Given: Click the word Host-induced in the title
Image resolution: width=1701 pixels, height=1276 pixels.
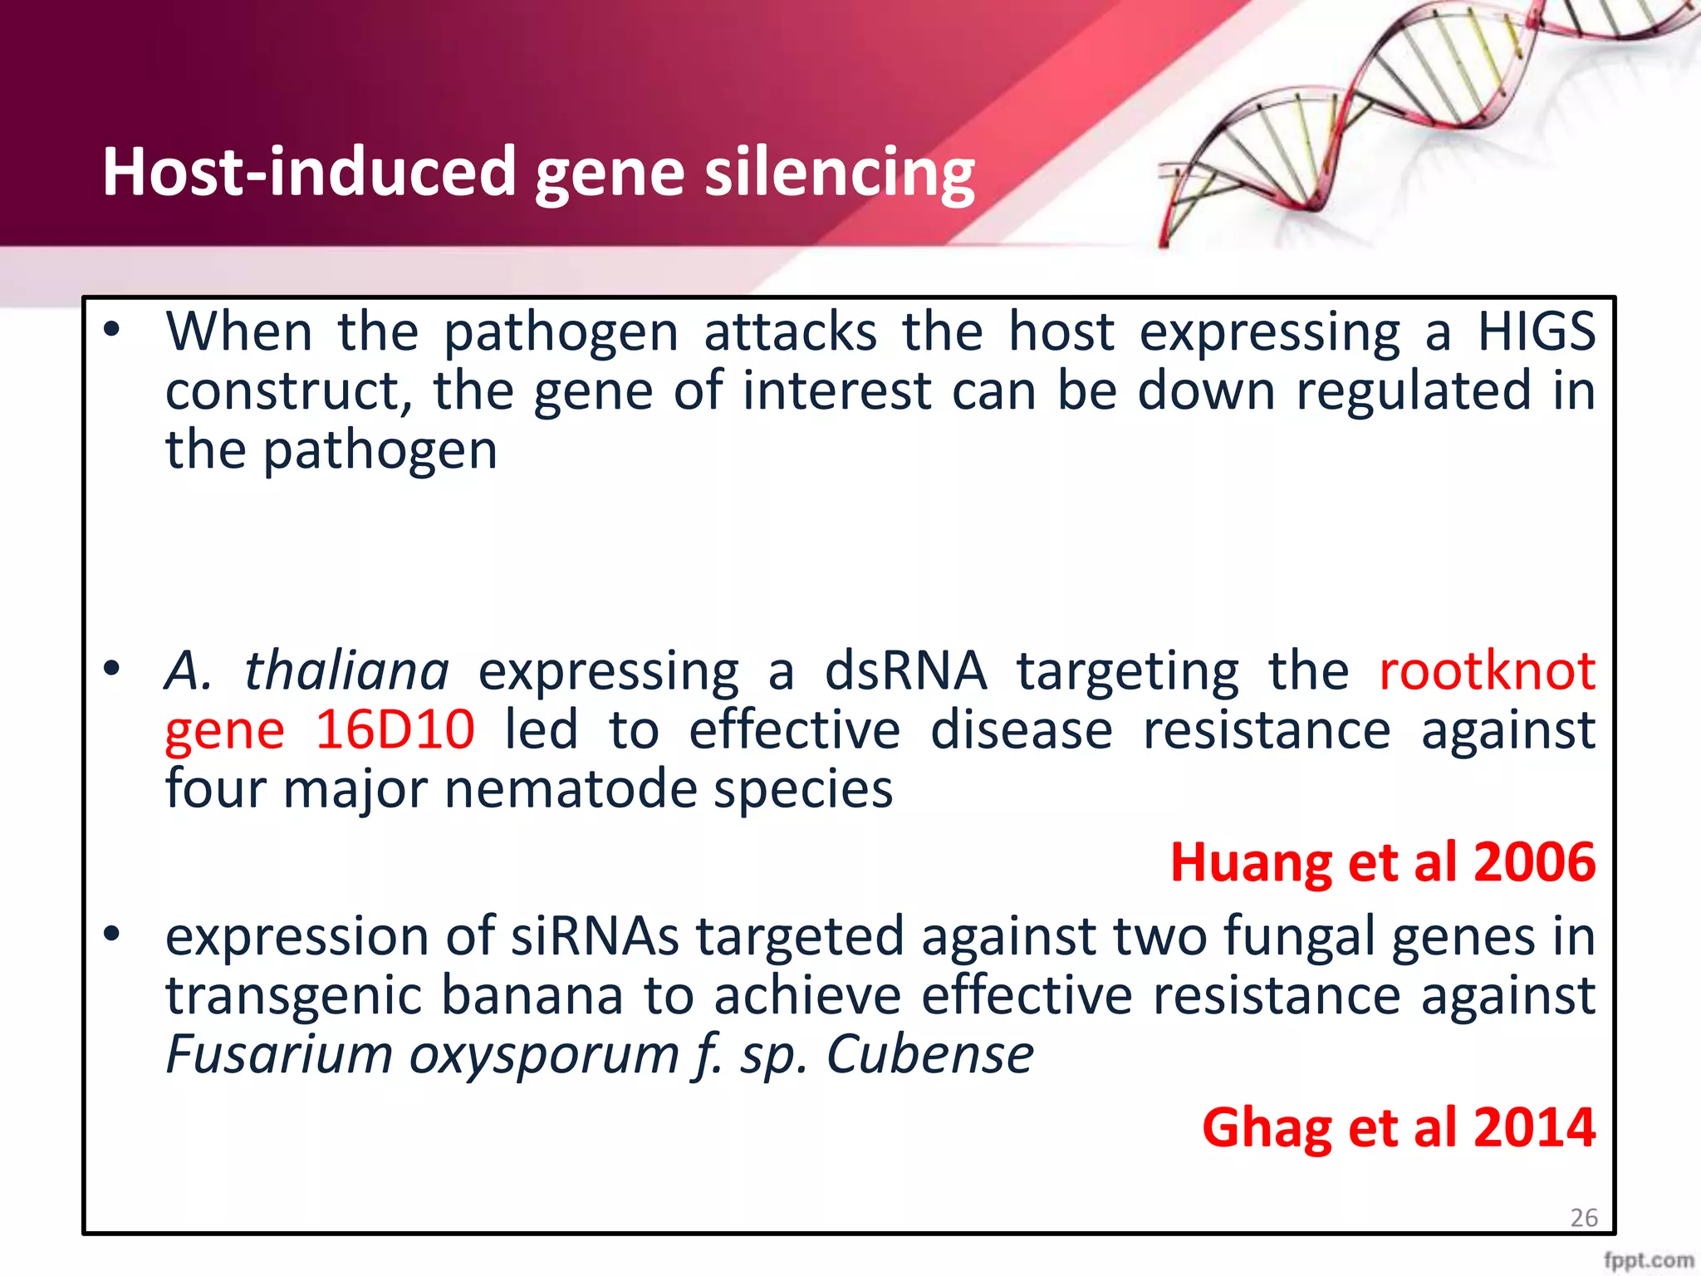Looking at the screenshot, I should [x=307, y=172].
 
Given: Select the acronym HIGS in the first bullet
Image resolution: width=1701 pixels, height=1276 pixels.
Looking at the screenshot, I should [x=1536, y=332].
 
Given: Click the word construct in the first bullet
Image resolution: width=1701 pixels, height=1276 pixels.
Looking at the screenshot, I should [x=282, y=392].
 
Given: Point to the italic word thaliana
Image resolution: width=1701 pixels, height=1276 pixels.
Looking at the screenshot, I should [x=346, y=671].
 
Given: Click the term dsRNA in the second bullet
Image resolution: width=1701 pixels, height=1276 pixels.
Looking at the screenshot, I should [x=905, y=671].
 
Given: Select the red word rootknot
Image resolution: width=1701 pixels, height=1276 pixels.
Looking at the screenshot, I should [x=1487, y=671].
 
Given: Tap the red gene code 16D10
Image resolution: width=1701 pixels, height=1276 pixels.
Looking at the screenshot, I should [x=395, y=730].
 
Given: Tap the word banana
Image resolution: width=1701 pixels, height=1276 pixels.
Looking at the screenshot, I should [x=532, y=996].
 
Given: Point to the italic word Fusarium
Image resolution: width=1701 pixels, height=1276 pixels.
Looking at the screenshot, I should [x=279, y=1055].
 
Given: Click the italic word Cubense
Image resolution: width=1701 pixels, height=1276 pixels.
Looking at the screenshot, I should [x=929, y=1055].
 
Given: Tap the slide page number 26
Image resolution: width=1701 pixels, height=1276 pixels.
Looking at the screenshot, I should [x=1584, y=1218].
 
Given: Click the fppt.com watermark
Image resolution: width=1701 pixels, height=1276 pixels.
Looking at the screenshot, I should [x=1649, y=1260].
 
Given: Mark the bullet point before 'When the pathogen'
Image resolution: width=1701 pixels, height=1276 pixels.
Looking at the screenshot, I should [x=112, y=331].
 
